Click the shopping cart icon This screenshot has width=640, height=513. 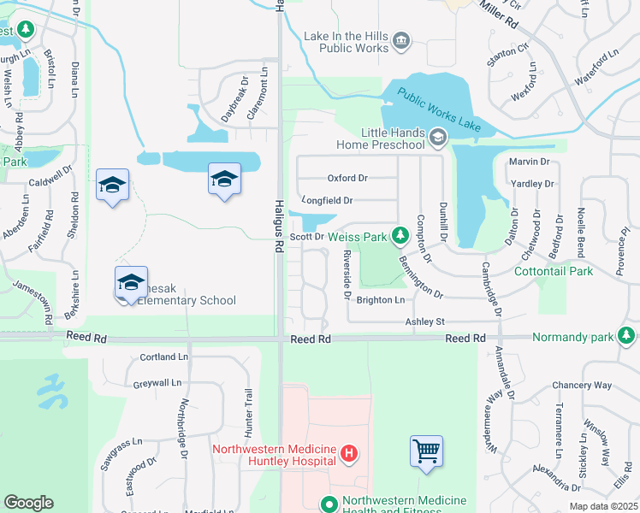click(x=426, y=451)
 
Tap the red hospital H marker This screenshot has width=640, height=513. click(x=349, y=454)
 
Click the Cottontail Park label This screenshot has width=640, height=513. click(x=554, y=271)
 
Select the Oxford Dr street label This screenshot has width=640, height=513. click(x=347, y=179)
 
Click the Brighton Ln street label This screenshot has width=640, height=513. click(x=380, y=300)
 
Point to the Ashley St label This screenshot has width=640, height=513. click(x=425, y=321)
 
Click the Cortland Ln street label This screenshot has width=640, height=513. click(x=163, y=357)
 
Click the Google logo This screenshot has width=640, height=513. click(x=28, y=503)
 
